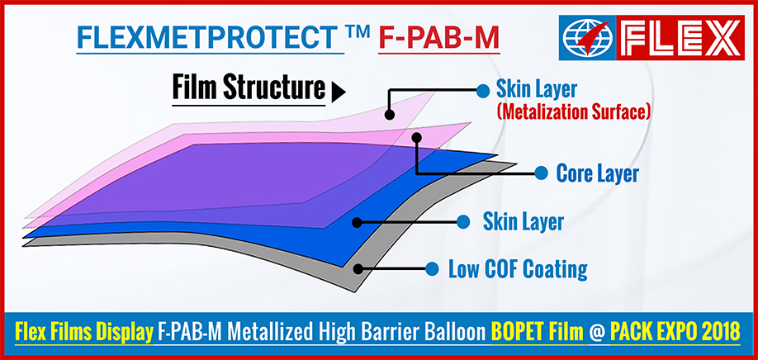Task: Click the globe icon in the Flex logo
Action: click(587, 38)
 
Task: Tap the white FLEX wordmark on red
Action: click(680, 38)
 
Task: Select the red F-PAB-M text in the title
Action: click(438, 37)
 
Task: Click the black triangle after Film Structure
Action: click(339, 92)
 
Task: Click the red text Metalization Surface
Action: click(573, 111)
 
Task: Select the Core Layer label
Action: click(598, 173)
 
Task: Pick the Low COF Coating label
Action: click(518, 268)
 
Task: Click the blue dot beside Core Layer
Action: click(541, 173)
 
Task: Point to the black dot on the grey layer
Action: click(358, 268)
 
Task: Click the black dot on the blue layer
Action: click(357, 222)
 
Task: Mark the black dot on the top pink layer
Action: click(390, 115)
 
